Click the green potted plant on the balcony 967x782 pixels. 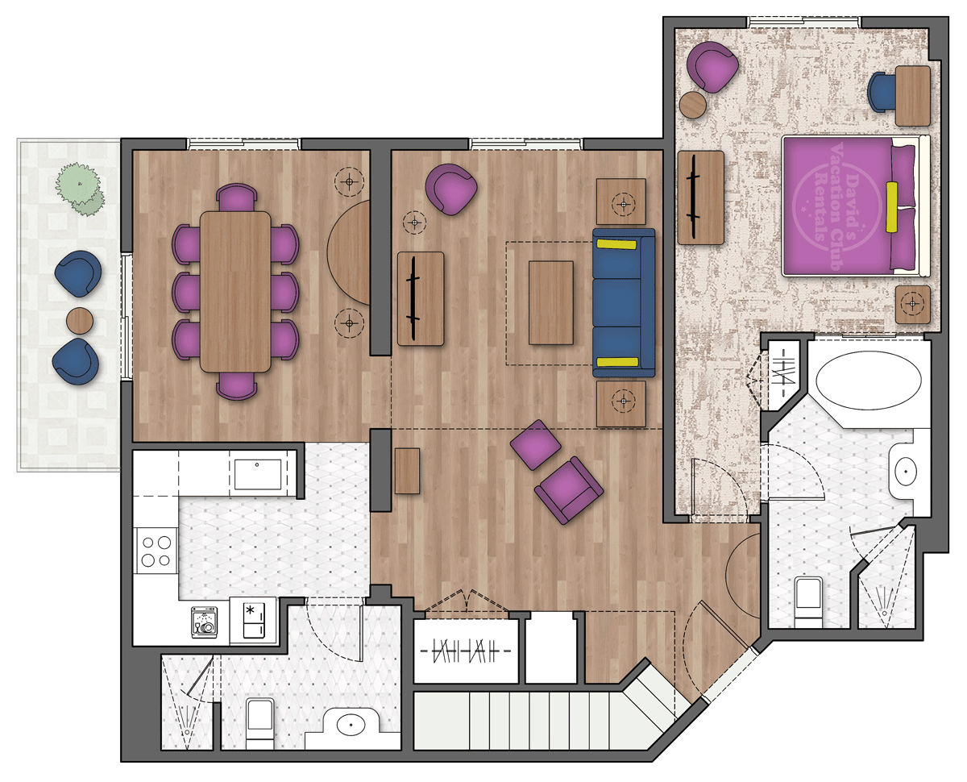click(81, 189)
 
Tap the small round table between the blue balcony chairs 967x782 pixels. click(80, 321)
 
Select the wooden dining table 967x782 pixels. click(235, 292)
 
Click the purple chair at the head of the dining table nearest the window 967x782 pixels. click(236, 197)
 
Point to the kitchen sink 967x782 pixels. click(257, 474)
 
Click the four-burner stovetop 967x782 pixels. click(156, 551)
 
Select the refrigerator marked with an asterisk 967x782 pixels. click(253, 620)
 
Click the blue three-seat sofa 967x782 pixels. click(624, 303)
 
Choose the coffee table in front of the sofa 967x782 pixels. click(550, 302)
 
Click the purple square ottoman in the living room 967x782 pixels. click(535, 444)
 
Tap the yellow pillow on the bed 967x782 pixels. click(891, 207)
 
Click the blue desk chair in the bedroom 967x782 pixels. click(882, 92)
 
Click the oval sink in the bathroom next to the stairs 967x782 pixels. click(351, 724)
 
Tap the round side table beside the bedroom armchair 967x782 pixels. click(693, 105)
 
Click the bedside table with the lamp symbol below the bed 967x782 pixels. click(912, 304)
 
